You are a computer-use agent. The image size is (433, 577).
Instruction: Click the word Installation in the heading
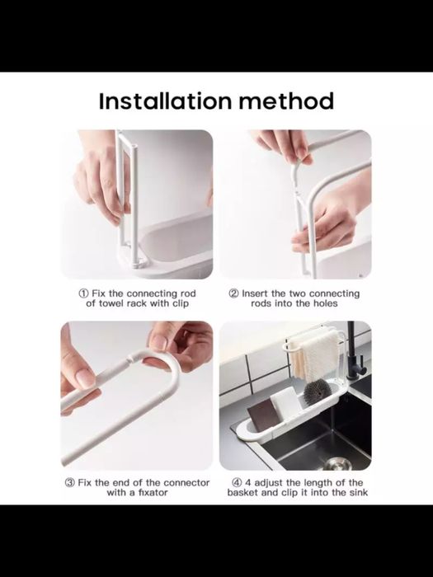[165, 101]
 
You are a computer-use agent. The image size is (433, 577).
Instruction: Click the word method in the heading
[286, 101]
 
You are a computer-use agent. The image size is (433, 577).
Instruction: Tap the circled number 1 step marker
[83, 293]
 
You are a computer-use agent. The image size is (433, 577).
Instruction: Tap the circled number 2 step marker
[233, 293]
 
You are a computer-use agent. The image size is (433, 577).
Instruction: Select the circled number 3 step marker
[70, 482]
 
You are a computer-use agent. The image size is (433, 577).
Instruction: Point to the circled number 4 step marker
[237, 482]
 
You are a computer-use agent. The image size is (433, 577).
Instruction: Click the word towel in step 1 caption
[111, 303]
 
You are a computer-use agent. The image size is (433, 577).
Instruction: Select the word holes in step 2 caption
[326, 303]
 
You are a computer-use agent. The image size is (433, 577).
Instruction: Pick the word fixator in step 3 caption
[153, 492]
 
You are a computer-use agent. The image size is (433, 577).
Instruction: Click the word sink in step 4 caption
[359, 492]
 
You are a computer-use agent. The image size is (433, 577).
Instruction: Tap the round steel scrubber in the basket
[316, 392]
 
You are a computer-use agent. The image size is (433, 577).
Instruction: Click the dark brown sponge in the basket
[263, 415]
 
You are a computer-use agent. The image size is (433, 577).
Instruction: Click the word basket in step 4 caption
[243, 492]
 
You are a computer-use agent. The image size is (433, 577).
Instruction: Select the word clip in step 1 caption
[181, 303]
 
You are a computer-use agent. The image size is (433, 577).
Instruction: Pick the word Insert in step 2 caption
[255, 293]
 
